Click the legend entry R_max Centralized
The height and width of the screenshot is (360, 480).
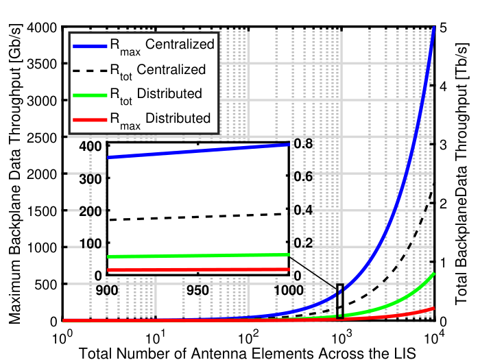pyautogui.click(x=143, y=46)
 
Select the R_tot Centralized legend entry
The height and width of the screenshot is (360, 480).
pyautogui.click(x=139, y=71)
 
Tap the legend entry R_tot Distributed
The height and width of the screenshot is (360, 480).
pyautogui.click(x=137, y=95)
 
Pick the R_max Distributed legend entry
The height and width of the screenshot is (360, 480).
pyautogui.click(x=141, y=120)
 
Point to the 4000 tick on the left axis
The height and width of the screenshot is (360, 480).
pyautogui.click(x=42, y=27)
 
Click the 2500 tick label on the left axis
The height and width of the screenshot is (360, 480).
pyautogui.click(x=42, y=137)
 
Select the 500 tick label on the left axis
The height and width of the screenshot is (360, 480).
pyautogui.click(x=45, y=285)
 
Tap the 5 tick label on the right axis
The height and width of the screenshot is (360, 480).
pyautogui.click(x=443, y=27)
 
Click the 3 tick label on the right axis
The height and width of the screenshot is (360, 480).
pyautogui.click(x=443, y=145)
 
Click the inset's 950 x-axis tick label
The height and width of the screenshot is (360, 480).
pyautogui.click(x=197, y=290)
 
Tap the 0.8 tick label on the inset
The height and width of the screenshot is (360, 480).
pyautogui.click(x=303, y=143)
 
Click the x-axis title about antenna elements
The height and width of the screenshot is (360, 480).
pyautogui.click(x=248, y=353)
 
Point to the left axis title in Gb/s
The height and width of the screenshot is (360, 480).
pyautogui.click(x=14, y=173)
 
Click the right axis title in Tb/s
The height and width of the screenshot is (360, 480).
pyautogui.click(x=461, y=174)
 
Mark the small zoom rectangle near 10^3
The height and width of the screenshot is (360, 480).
pyautogui.click(x=340, y=301)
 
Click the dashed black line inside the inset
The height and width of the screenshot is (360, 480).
pyautogui.click(x=197, y=217)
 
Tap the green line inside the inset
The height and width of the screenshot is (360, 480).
pyautogui.click(x=197, y=256)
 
